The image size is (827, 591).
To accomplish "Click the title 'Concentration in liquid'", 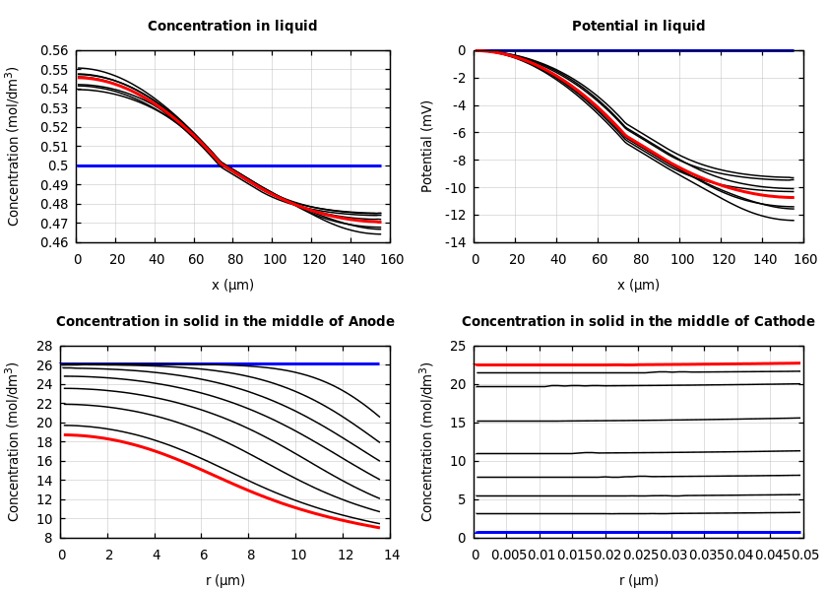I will point(232,27).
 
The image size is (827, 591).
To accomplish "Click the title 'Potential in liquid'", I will point(638,27).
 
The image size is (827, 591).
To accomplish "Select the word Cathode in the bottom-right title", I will point(783,322).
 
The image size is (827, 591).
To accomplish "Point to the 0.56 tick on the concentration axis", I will point(55,50).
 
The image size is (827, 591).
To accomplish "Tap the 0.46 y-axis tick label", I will point(55,242).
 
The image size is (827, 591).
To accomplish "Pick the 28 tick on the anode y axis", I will point(43,346).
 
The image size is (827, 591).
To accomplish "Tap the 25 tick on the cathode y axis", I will point(457,346).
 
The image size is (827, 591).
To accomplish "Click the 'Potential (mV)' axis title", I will point(427,146).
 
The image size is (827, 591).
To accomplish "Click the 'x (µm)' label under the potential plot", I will point(638,285).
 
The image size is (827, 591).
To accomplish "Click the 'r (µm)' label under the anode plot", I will point(225,580).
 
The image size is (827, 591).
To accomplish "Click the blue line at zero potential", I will point(689,50).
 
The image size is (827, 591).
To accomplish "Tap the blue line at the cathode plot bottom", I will point(640,533).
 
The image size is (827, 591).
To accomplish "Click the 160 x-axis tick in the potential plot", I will point(805,260).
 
